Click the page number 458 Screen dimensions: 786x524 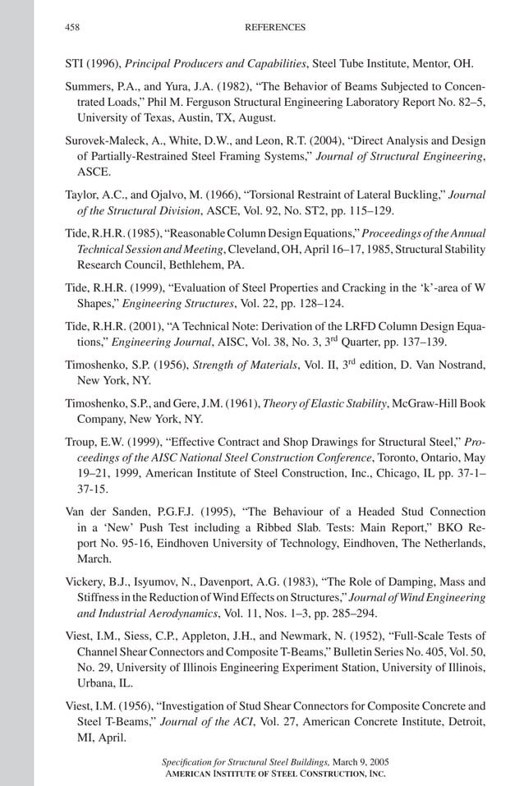72,27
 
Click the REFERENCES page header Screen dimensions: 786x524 275,27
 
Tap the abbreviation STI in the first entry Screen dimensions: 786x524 75,64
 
